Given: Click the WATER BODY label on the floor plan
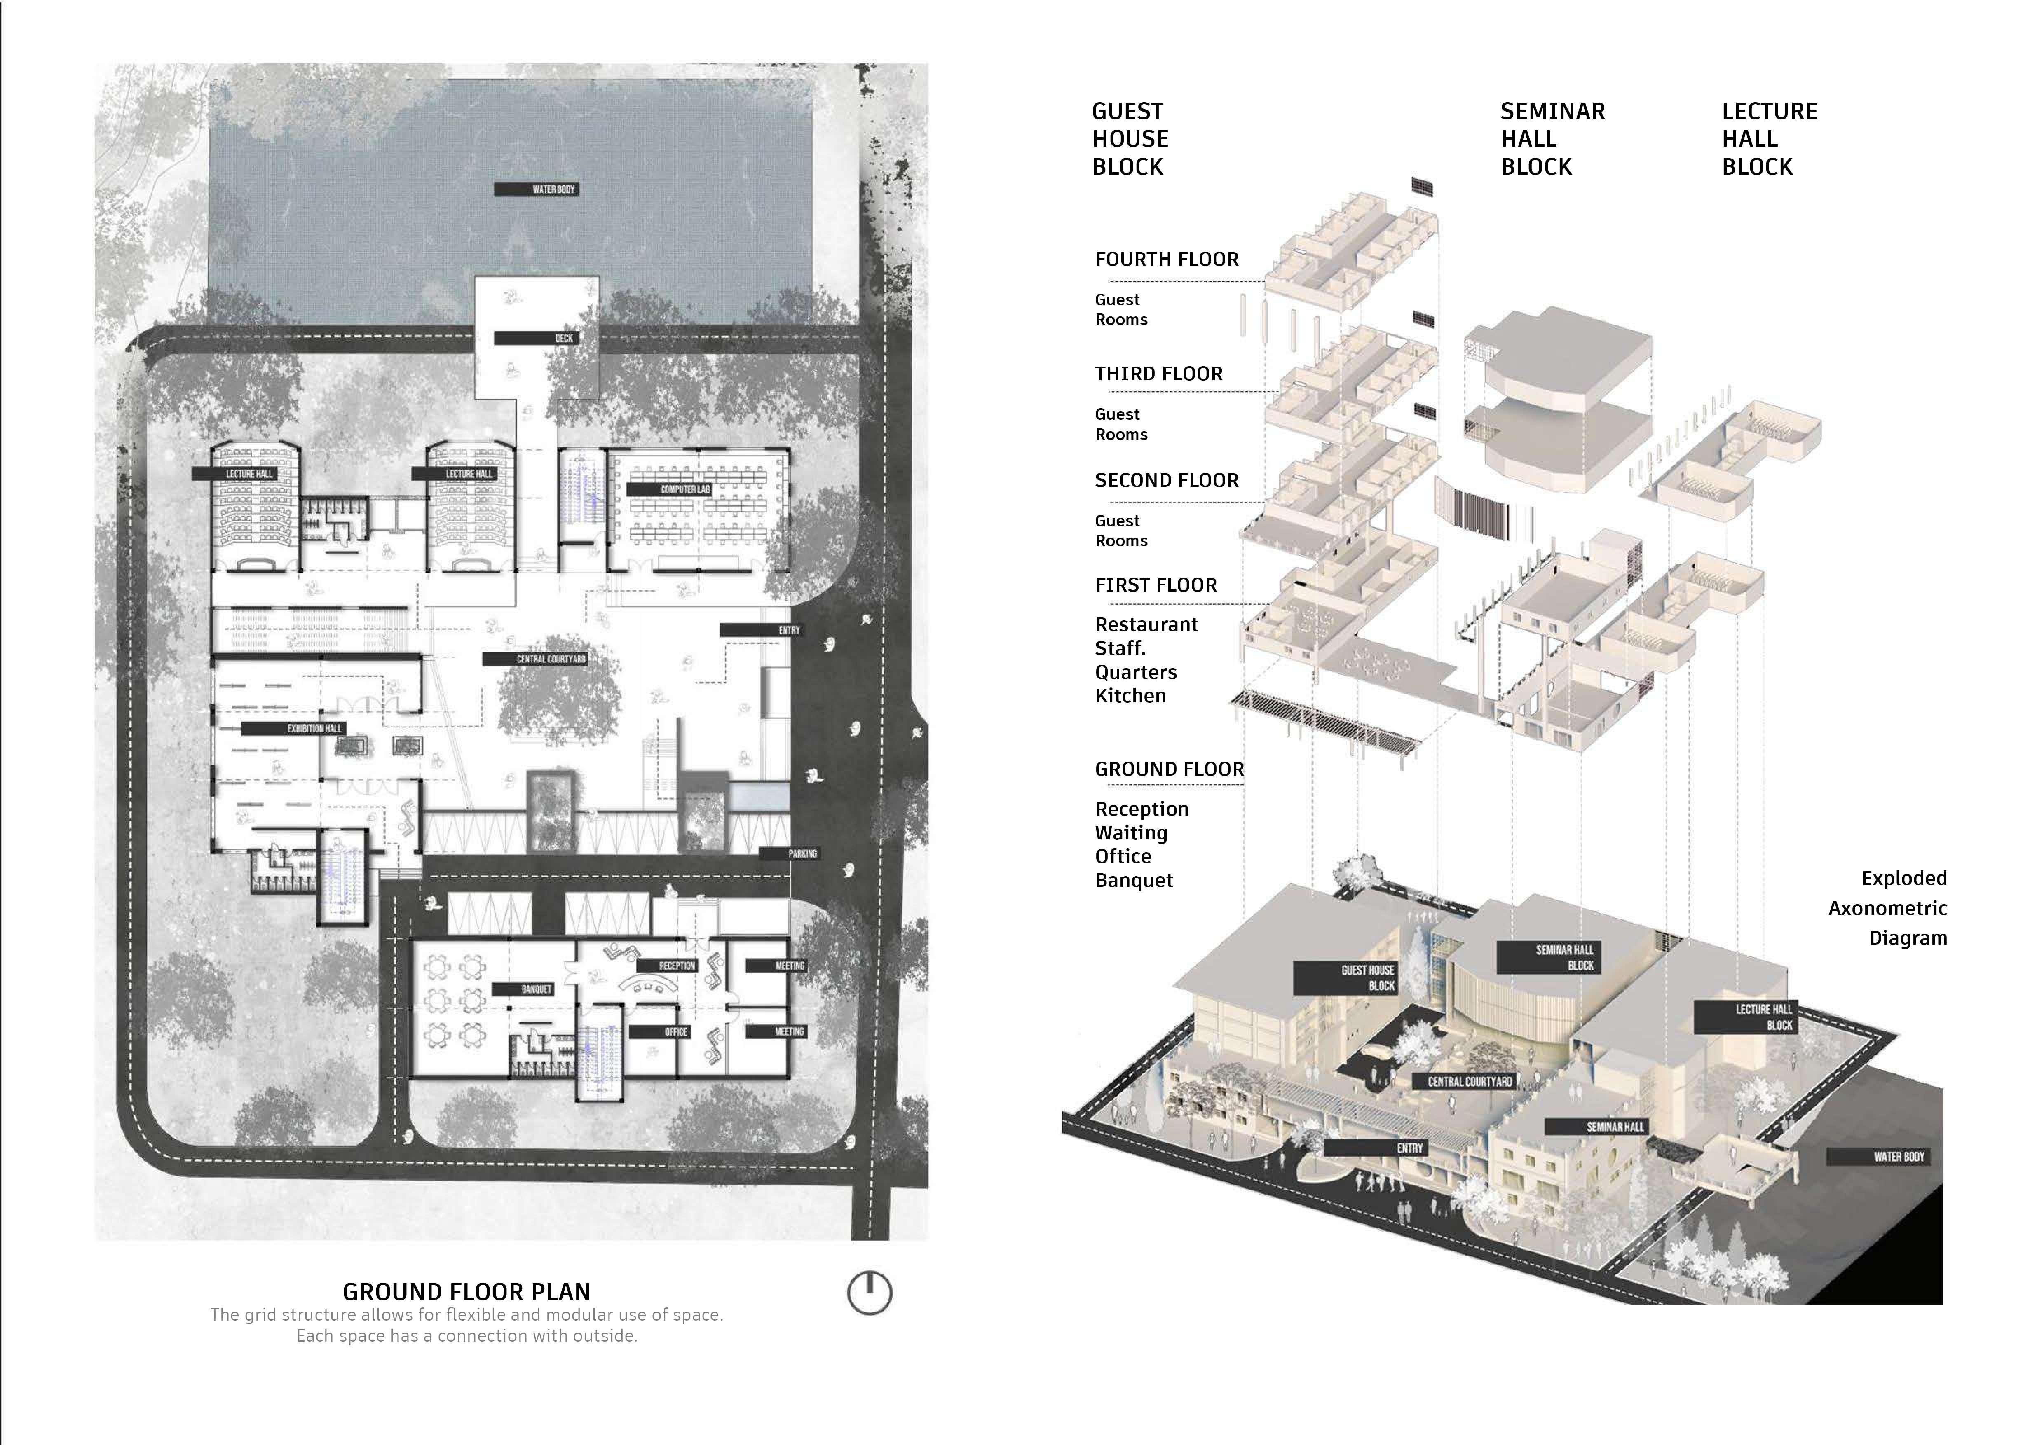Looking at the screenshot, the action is coord(536,189).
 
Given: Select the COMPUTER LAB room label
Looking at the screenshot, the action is coord(670,489).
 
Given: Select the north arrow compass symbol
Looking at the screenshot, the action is coord(869,1293).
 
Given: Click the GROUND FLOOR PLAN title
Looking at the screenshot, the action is coord(466,1292).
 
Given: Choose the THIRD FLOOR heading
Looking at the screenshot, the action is coord(1158,374).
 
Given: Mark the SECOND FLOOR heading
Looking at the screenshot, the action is coord(1166,480).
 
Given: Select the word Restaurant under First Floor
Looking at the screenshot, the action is coord(1146,624).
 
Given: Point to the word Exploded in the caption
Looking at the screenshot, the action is coord(1904,878).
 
